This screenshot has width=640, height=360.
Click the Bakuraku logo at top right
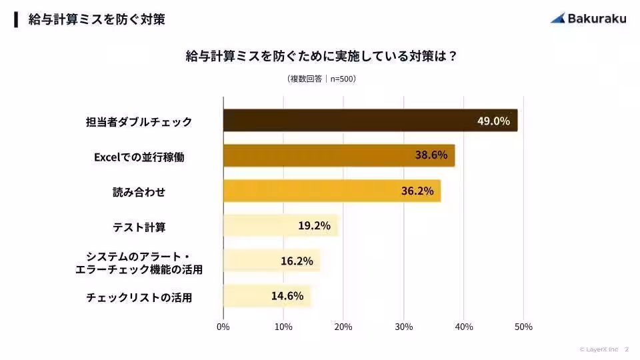point(588,18)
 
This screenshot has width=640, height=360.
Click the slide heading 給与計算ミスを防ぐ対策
point(97,19)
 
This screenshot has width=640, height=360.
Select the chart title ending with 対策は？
point(321,56)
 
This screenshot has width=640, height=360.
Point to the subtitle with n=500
point(321,79)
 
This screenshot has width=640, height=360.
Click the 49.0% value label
point(493,121)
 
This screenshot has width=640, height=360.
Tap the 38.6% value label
point(431,155)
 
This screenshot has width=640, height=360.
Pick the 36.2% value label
point(417,191)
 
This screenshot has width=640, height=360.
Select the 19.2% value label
point(314,225)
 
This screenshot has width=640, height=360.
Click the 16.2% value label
point(297,261)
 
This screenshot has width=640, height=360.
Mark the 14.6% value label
point(287,295)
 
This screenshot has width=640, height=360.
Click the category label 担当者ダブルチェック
point(139,122)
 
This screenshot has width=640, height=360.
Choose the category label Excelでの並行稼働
point(139,157)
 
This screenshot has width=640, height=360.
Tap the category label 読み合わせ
point(139,192)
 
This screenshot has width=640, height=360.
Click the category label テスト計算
point(139,227)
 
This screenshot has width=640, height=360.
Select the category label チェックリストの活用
point(139,297)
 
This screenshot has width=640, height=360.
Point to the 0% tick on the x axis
point(223,327)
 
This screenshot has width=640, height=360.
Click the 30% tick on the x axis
point(403,327)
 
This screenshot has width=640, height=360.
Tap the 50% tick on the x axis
point(523,327)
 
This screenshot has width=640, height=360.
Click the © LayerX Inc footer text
point(599,349)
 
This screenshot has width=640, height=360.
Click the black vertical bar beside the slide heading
point(16,19)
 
